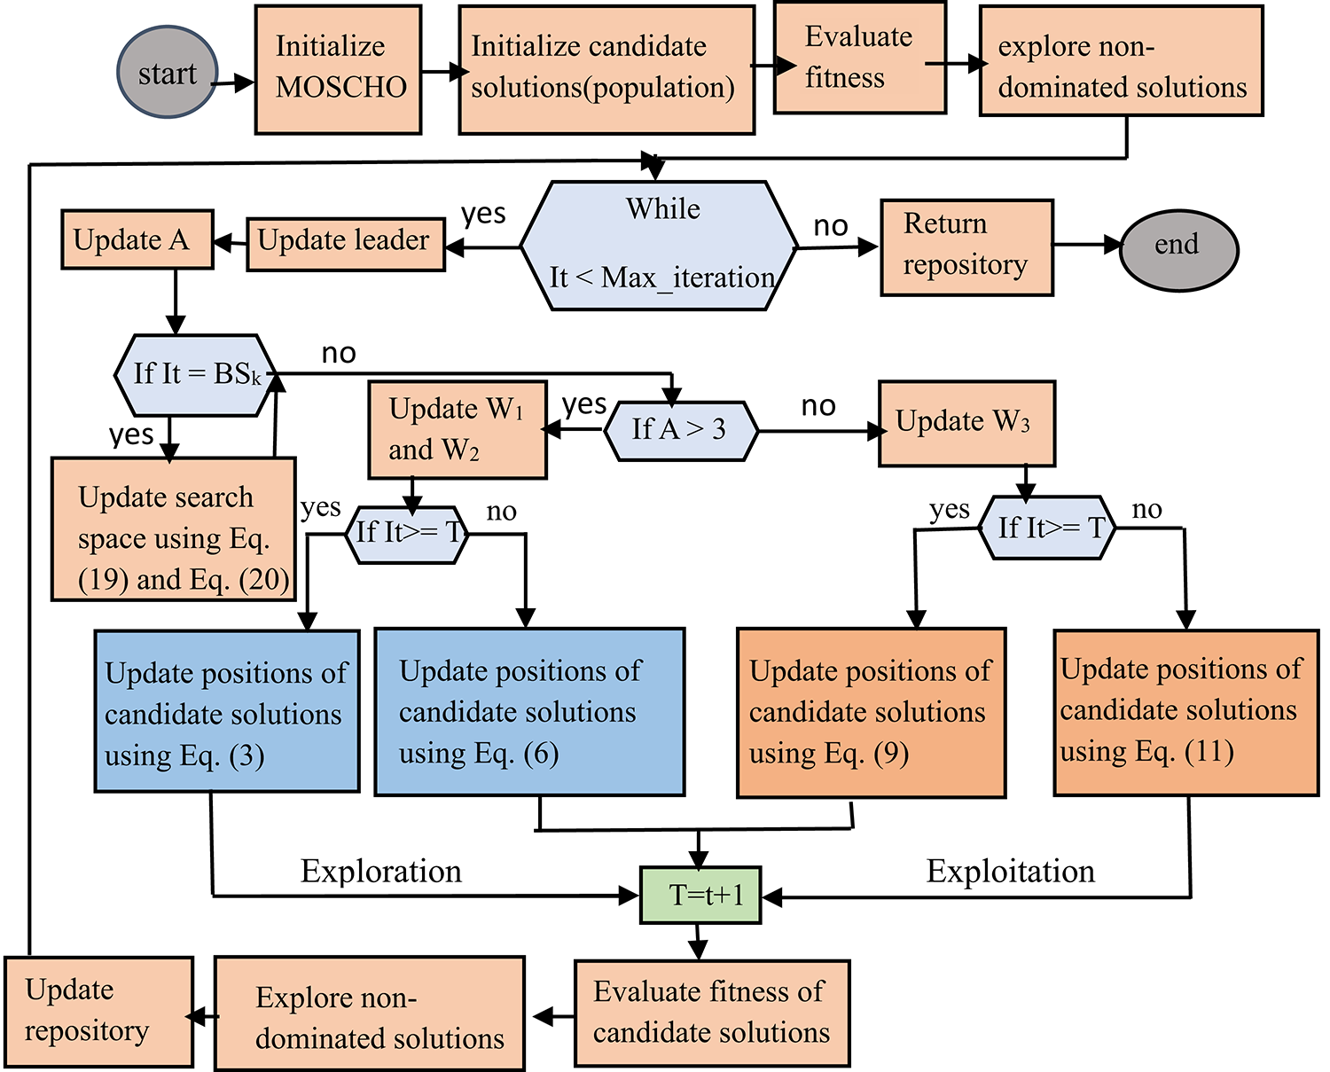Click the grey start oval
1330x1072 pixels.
tap(167, 73)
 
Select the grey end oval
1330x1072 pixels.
tap(1177, 248)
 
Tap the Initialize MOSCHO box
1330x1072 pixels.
tap(338, 69)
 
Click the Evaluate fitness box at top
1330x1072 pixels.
tap(859, 59)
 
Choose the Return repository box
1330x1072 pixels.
tap(966, 246)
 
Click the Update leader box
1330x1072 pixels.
tap(345, 243)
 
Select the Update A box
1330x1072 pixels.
tap(137, 239)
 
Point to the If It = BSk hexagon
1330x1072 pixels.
tap(196, 374)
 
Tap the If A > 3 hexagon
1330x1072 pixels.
tap(680, 430)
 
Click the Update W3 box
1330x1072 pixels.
tap(966, 423)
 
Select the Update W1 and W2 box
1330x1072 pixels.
tap(457, 430)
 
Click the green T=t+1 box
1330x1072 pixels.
tap(700, 895)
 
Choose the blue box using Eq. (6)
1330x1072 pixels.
tap(529, 711)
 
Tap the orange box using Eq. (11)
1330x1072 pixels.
tap(1185, 711)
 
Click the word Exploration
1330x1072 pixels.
tap(381, 871)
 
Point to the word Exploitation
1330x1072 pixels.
tap(1010, 871)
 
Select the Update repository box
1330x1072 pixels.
tap(98, 1011)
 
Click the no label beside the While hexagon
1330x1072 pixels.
tap(831, 226)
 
